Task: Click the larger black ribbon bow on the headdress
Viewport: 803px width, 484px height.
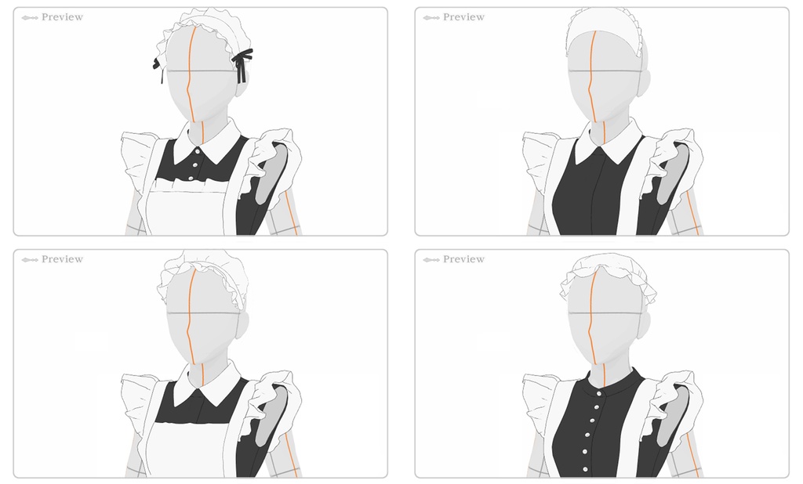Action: tap(243, 63)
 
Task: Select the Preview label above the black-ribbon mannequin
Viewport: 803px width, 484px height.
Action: tap(62, 17)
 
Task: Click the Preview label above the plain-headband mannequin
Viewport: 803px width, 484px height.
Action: tap(463, 17)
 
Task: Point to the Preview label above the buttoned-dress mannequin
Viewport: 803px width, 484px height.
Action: tap(463, 259)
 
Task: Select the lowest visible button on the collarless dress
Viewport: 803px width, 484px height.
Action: tap(585, 469)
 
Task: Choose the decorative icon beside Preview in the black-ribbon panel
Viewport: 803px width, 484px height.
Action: tap(30, 18)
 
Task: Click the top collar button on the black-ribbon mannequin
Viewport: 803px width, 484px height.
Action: tap(197, 151)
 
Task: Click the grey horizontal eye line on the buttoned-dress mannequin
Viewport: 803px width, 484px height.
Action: tap(605, 313)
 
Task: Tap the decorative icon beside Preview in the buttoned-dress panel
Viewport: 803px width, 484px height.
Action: tap(431, 260)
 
